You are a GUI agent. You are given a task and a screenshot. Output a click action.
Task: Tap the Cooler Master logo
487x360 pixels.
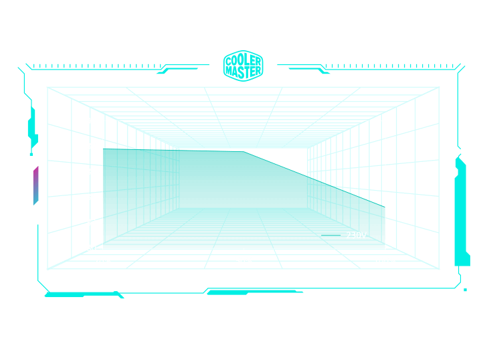pos(243,66)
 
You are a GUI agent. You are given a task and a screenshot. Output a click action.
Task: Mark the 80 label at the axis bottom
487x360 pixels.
pos(91,248)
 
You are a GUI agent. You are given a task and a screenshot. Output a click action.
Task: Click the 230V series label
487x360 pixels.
pos(356,236)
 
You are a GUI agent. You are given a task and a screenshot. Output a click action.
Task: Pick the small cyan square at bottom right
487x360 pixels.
pos(465,290)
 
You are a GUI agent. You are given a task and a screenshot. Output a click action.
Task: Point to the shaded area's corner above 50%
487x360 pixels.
pos(244,152)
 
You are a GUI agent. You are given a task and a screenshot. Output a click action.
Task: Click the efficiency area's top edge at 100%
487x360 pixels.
pos(385,204)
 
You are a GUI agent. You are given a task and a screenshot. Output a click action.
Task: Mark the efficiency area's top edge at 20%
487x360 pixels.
pos(103,149)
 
